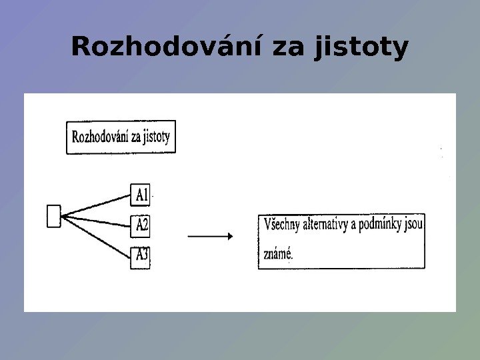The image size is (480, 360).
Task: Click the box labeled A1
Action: [x=141, y=195]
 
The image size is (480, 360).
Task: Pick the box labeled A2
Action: [x=141, y=225]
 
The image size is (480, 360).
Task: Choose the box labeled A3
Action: [x=141, y=255]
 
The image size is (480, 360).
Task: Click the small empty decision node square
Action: [x=54, y=216]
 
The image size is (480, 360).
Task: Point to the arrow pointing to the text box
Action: [x=210, y=236]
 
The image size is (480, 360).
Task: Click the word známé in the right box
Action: [x=279, y=253]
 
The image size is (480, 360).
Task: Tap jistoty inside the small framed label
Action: [x=157, y=138]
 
